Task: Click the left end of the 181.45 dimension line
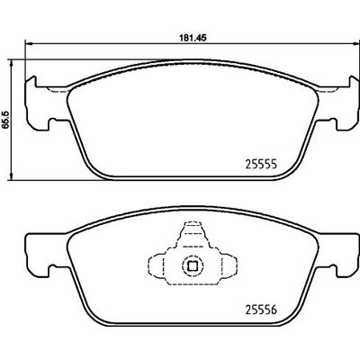click(x=24, y=47)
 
